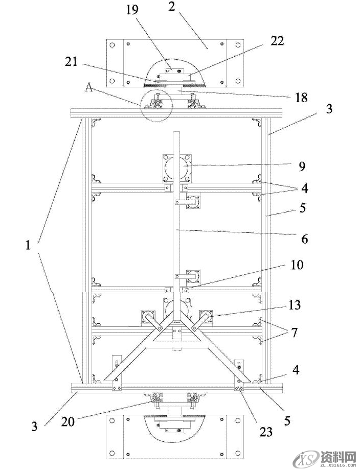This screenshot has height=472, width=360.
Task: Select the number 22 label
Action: (x=278, y=41)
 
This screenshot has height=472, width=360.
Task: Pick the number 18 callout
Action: (x=301, y=98)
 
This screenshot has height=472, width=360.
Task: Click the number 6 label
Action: (x=304, y=238)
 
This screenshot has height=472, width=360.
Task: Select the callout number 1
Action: (x=29, y=246)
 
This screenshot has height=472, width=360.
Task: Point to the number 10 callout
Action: (x=296, y=265)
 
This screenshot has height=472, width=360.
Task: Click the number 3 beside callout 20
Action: (x=34, y=425)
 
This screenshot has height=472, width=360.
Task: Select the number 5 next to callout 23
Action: (x=287, y=420)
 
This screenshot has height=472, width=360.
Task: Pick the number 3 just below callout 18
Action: (x=330, y=109)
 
